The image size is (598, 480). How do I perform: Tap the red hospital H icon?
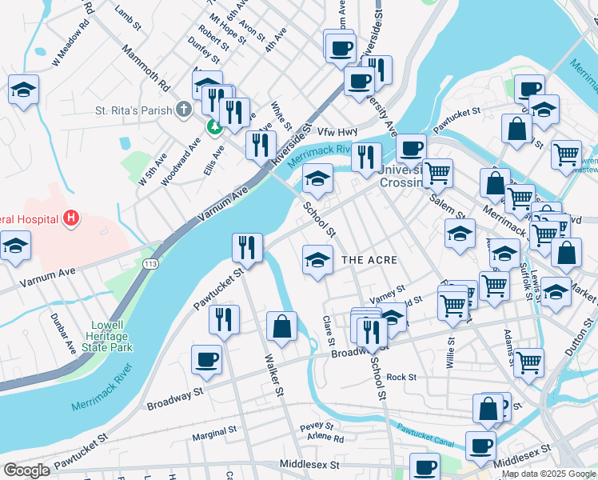pyautogui.click(x=71, y=217)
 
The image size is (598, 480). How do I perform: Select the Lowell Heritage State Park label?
pyautogui.click(x=108, y=336)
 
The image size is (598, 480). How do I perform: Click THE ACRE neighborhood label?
pyautogui.click(x=369, y=261)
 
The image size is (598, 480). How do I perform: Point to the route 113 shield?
pyautogui.click(x=149, y=262)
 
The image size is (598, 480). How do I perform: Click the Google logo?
pyautogui.click(x=27, y=470)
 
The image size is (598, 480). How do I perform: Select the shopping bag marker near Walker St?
pyautogui.click(x=281, y=326)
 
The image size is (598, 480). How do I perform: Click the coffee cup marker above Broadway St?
pyautogui.click(x=206, y=361)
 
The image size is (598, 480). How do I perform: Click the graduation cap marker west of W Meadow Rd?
pyautogui.click(x=23, y=90)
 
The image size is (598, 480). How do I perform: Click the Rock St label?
pyautogui.click(x=401, y=377)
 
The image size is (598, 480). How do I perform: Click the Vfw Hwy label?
pyautogui.click(x=335, y=132)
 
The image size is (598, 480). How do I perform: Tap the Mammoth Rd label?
pyautogui.click(x=146, y=66)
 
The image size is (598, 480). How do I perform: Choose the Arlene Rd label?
pyautogui.click(x=328, y=438)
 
